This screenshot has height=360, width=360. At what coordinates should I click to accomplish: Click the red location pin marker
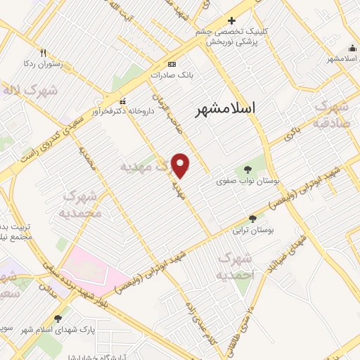tap(181, 165)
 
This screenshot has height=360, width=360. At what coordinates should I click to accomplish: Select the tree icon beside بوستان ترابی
tap(253, 219)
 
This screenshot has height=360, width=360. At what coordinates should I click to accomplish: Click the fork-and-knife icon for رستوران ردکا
tap(43, 53)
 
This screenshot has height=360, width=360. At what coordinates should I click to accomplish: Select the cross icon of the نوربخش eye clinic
tap(231, 20)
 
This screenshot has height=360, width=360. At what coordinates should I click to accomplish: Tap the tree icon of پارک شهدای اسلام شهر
tap(58, 319)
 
